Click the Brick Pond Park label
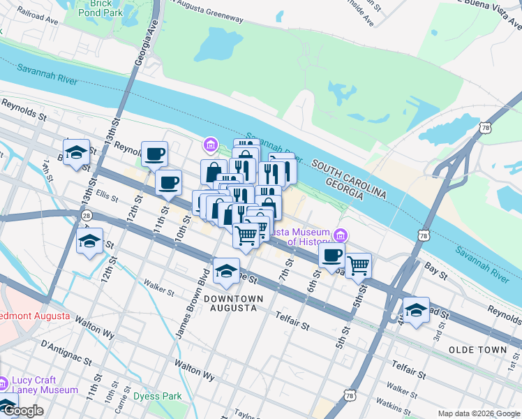pyautogui.click(x=95, y=7)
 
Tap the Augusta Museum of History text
pyautogui.click(x=300, y=237)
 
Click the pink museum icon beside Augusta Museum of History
pyautogui.click(x=341, y=234)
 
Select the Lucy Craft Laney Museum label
pyautogui.click(x=44, y=385)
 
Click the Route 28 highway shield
pyautogui.click(x=85, y=217)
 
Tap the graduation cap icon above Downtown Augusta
pyautogui.click(x=226, y=271)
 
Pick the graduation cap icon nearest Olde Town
pyautogui.click(x=416, y=309)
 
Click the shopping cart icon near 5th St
pyautogui.click(x=358, y=264)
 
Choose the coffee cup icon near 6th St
pyautogui.click(x=332, y=255)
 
